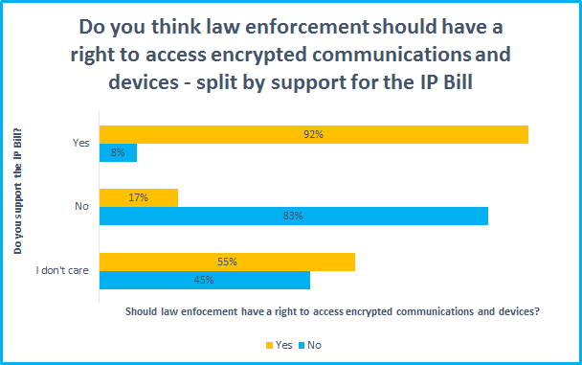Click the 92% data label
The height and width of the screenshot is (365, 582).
click(313, 134)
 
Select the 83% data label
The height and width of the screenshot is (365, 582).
click(293, 217)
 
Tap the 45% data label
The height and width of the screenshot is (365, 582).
click(204, 281)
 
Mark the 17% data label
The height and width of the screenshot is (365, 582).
click(137, 197)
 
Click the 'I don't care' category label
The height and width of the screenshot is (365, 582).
click(63, 270)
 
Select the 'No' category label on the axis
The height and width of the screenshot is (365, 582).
click(81, 207)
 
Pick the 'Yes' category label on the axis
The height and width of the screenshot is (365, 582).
click(80, 144)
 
